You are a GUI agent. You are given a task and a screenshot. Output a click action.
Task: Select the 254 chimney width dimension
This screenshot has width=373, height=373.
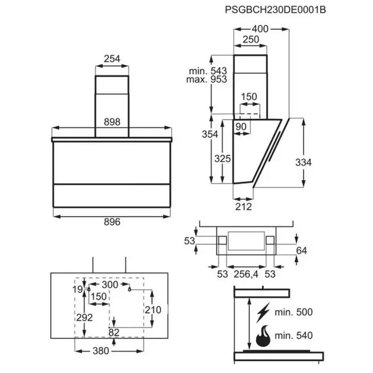point(111,59)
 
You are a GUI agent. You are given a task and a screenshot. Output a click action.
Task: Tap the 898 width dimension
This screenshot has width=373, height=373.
point(111,122)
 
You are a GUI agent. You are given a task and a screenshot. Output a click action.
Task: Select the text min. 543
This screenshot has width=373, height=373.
point(207,71)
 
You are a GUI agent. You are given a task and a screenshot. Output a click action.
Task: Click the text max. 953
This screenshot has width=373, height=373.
point(207,80)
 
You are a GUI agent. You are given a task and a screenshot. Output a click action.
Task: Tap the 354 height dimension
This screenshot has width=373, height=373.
point(210,135)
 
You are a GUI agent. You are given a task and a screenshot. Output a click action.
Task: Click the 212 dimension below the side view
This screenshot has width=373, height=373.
point(243,207)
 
